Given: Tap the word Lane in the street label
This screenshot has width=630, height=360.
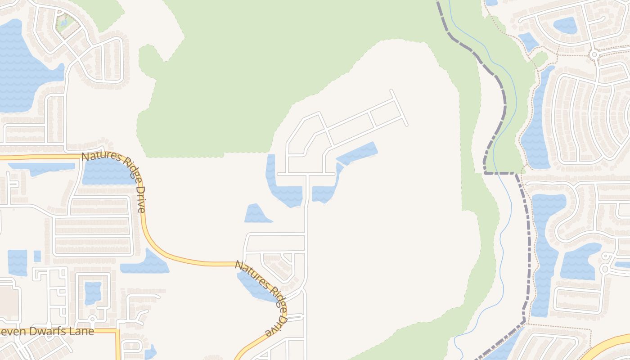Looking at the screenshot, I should [83, 332].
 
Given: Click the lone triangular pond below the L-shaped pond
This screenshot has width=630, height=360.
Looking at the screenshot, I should [257, 214].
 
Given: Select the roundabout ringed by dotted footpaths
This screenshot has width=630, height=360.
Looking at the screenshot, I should [594, 54].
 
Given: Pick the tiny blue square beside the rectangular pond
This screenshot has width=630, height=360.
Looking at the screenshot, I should [37, 256].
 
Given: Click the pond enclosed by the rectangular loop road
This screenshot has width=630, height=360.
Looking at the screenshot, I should [93, 292].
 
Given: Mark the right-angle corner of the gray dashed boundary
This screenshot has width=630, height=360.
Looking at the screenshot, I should [485, 172].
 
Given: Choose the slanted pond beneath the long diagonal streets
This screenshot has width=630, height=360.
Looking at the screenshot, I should [356, 153].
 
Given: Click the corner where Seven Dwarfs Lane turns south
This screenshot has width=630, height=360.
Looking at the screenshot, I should [118, 332].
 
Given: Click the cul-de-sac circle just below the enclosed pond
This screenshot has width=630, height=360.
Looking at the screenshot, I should [92, 318].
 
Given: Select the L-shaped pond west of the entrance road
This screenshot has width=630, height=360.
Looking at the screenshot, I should [281, 189].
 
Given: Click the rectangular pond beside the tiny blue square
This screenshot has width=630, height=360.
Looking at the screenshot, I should [18, 262].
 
